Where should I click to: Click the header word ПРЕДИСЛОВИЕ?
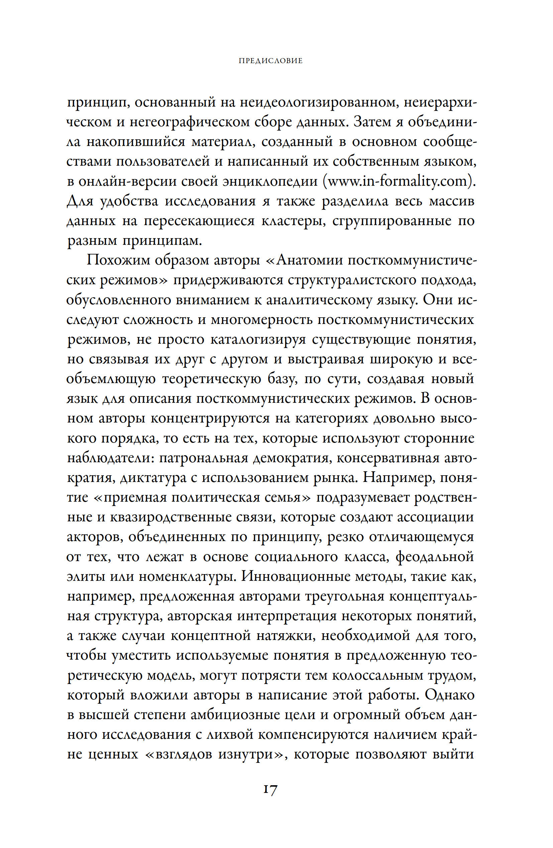coord(270,61)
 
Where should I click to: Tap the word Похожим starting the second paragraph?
coord(118,261)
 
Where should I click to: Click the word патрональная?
coord(203,458)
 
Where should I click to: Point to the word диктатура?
coord(153,478)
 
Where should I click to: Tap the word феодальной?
coord(435,556)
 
